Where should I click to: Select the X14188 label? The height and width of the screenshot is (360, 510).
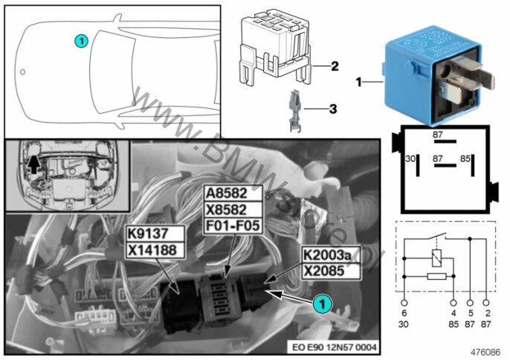pos(152,251)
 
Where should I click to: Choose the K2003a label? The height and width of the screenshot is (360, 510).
pos(330,255)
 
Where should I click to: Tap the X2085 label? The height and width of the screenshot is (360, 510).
pos(330,271)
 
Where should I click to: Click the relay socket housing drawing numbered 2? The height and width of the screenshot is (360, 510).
pos(275,48)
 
